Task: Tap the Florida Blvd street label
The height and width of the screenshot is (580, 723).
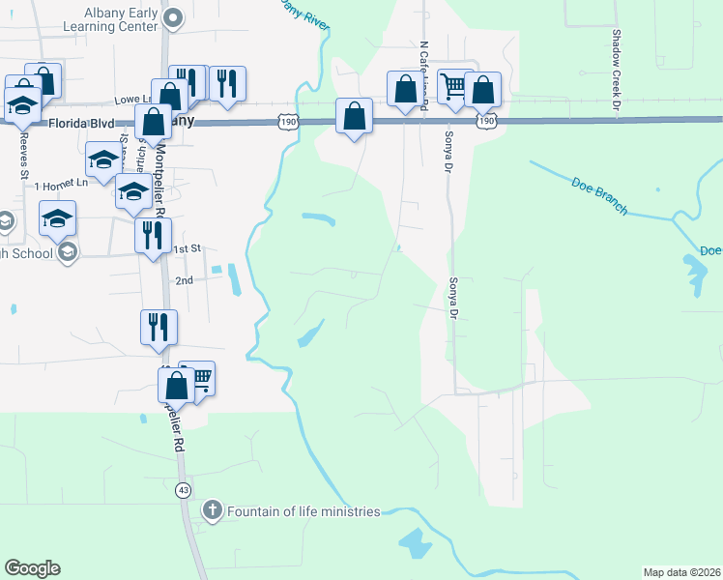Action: click(x=82, y=124)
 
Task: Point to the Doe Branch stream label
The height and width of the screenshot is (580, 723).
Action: click(x=599, y=196)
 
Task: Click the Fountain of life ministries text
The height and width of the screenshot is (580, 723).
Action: click(x=304, y=510)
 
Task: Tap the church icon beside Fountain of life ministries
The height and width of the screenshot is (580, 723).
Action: click(x=213, y=510)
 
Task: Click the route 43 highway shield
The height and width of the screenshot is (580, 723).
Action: click(x=183, y=491)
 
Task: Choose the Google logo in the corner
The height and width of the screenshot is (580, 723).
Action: click(x=32, y=568)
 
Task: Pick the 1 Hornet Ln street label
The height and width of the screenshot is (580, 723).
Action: click(x=61, y=184)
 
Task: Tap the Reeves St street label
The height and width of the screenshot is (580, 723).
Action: click(x=23, y=154)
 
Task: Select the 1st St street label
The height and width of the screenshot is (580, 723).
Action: click(x=186, y=248)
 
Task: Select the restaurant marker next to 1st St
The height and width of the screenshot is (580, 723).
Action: click(x=153, y=235)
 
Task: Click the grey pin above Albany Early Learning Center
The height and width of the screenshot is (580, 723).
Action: click(x=173, y=16)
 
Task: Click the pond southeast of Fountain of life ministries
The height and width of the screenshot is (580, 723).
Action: click(x=416, y=542)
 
